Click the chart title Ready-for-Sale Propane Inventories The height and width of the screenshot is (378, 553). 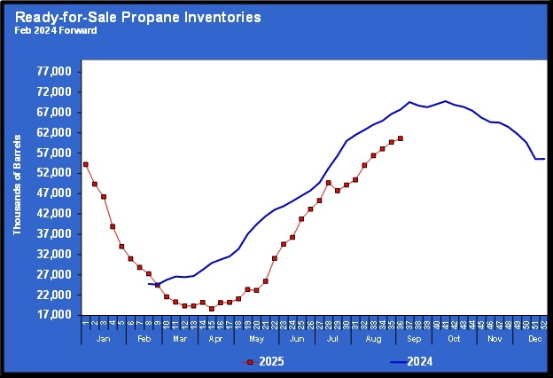pos(137,17)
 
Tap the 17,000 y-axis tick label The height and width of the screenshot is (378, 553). pos(56,315)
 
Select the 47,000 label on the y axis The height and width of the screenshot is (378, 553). pos(56,193)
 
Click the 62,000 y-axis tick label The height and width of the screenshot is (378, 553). pos(56,133)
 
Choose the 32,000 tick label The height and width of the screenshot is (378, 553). pos(56,255)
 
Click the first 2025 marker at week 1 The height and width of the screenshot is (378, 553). pos(85,164)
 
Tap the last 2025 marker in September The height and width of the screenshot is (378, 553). pos(401,138)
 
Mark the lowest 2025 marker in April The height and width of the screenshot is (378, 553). pos(211,309)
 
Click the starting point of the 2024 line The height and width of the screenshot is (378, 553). pos(149,284)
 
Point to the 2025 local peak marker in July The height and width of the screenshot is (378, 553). pos(328,183)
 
